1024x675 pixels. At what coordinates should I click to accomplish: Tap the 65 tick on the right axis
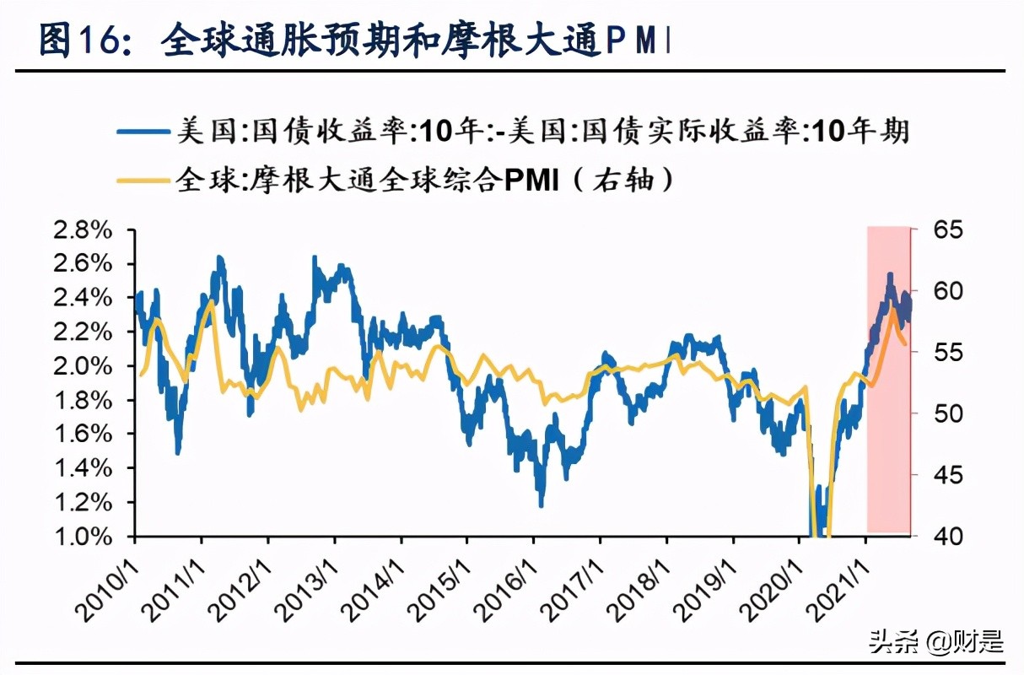click(x=941, y=229)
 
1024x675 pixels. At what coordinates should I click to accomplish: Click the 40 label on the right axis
click(x=941, y=537)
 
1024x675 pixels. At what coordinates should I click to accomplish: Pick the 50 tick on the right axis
click(x=941, y=413)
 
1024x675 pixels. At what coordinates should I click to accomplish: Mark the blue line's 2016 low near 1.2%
click(x=541, y=504)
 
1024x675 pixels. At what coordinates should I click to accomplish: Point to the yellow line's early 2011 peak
click(x=209, y=302)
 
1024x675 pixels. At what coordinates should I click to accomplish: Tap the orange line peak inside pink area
click(x=892, y=310)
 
